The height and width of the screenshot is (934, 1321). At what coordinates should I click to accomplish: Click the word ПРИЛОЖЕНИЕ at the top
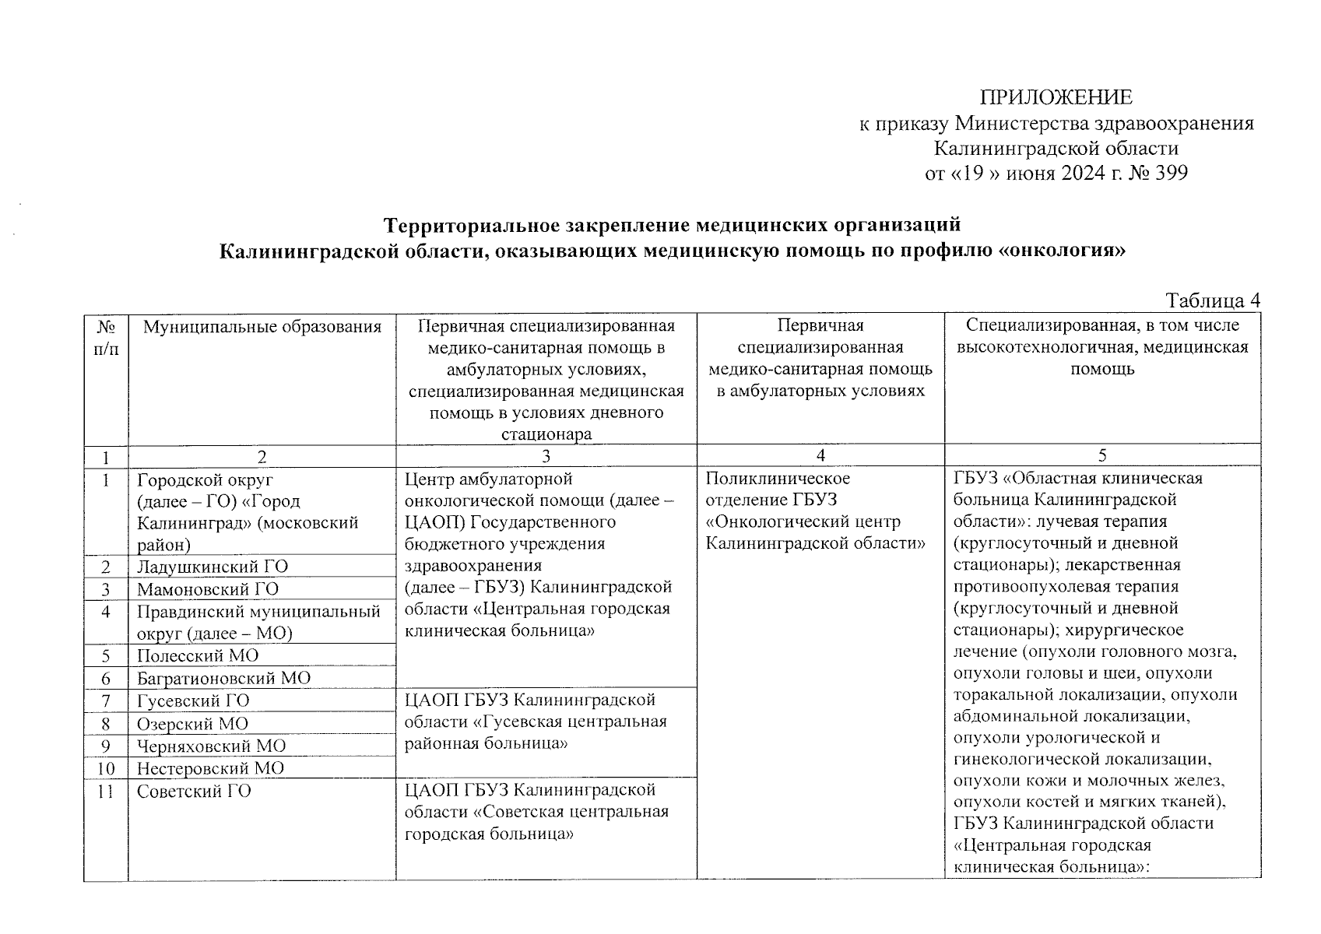1056,98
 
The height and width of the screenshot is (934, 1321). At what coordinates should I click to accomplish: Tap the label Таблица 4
1212,301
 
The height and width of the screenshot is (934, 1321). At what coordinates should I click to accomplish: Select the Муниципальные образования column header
262,327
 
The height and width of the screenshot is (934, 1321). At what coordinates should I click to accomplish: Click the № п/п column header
106,337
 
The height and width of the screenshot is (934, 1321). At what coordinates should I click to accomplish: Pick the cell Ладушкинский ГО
213,567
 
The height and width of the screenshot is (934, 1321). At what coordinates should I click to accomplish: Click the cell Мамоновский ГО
208,589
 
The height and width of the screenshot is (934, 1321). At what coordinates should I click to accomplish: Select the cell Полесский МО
198,655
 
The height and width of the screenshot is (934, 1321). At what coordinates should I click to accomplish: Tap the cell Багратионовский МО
223,678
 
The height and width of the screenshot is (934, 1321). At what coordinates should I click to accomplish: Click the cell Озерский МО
192,724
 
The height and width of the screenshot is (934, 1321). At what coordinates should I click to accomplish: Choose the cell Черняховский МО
211,746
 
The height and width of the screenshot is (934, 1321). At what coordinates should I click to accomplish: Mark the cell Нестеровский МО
210,768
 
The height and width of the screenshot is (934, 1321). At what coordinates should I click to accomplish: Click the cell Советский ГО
194,792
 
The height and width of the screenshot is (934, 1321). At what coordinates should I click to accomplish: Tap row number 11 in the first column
106,792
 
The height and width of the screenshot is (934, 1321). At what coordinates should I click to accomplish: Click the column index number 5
1102,456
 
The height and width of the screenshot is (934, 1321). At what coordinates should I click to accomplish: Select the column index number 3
546,456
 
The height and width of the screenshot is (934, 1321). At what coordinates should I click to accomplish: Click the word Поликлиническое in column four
778,478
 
